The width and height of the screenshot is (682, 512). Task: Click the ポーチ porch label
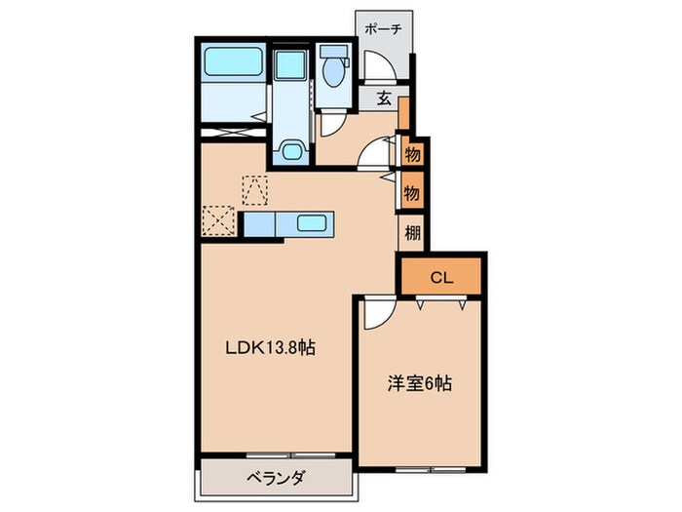[384, 28]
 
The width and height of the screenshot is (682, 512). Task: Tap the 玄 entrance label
[385, 98]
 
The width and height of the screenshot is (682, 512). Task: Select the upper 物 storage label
[412, 154]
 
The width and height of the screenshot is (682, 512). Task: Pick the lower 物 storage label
[412, 192]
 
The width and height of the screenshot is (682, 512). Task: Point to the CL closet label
[440, 277]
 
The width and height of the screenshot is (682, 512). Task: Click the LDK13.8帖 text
[271, 347]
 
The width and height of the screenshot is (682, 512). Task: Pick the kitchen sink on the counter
[311, 223]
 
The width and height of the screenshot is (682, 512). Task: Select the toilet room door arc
[332, 122]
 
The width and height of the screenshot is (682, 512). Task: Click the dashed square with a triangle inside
[255, 187]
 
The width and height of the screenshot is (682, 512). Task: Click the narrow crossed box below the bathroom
[234, 130]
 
